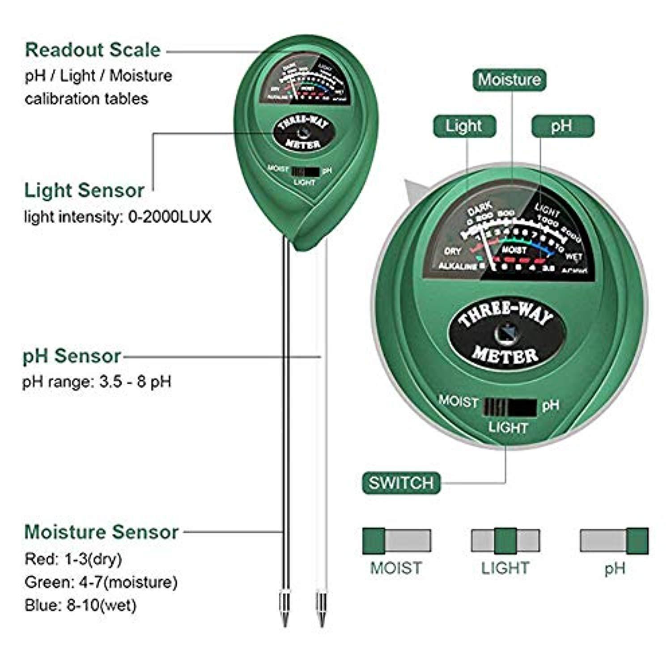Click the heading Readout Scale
pyautogui.click(x=93, y=50)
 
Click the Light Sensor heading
pyautogui.click(x=84, y=191)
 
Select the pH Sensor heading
pyautogui.click(x=72, y=357)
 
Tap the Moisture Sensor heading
pyautogui.click(x=102, y=532)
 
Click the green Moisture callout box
pyautogui.click(x=510, y=80)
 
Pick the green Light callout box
pyautogui.click(x=464, y=126)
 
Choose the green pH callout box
pyautogui.click(x=562, y=126)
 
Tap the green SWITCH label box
pyautogui.click(x=401, y=483)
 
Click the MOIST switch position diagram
pyautogui.click(x=396, y=540)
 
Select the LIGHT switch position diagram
pyautogui.click(x=505, y=540)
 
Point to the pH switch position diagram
pyautogui.click(x=614, y=540)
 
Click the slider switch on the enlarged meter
pyautogui.click(x=510, y=407)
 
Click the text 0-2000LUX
pyautogui.click(x=170, y=217)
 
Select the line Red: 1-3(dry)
pyautogui.click(x=73, y=559)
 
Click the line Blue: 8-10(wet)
pyautogui.click(x=81, y=605)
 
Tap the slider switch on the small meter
pyautogui.click(x=305, y=172)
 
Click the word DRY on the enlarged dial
pyautogui.click(x=453, y=251)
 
